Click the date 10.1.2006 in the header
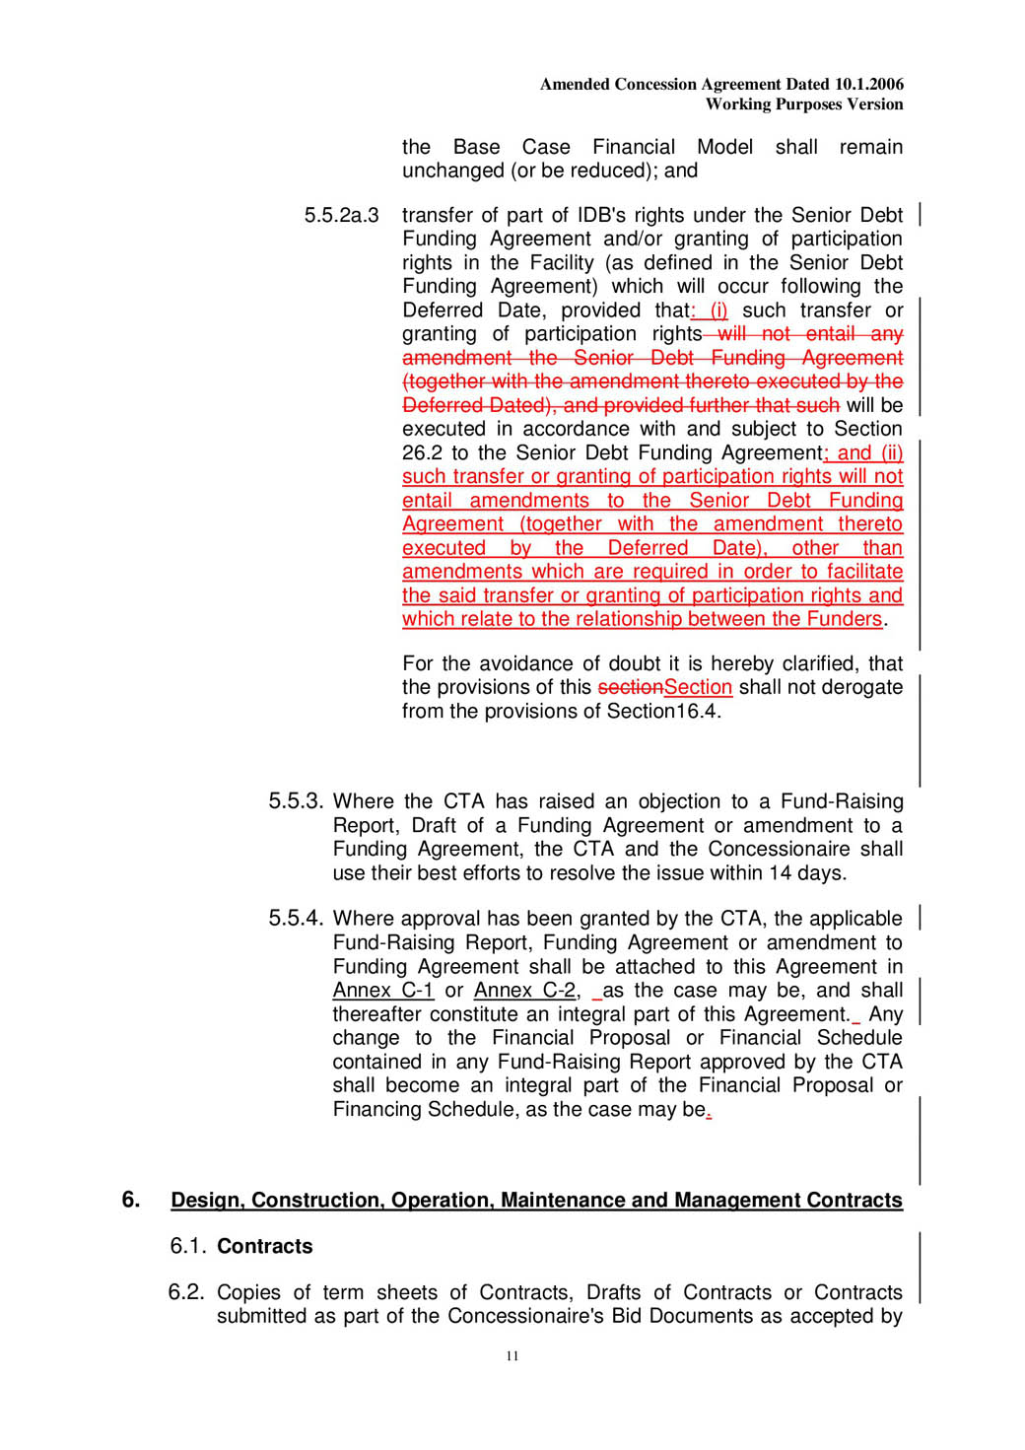[x=868, y=85]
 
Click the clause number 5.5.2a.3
[x=341, y=216]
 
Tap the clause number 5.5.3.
[x=296, y=801]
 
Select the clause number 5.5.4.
[x=296, y=919]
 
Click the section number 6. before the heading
[x=131, y=1200]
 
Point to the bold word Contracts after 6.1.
[x=265, y=1247]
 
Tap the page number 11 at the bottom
[x=512, y=1356]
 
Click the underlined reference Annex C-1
[x=383, y=991]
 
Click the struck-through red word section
[x=631, y=688]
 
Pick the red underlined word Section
[x=698, y=688]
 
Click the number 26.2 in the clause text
[x=422, y=453]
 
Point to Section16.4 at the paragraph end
[x=662, y=712]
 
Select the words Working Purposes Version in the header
[x=804, y=104]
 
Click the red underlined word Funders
[x=845, y=619]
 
